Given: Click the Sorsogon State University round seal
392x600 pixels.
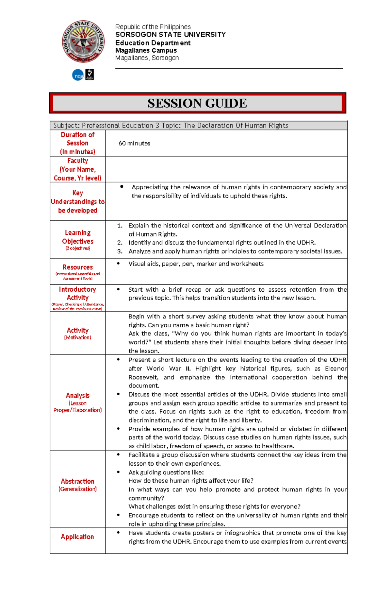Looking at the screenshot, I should tap(83, 42).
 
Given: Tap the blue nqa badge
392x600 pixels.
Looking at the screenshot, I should tap(78, 76).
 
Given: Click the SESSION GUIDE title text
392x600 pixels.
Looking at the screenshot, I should tap(197, 103).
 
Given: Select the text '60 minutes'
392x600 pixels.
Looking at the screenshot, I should tap(134, 143).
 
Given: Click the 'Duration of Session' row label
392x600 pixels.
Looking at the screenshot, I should tap(77, 143).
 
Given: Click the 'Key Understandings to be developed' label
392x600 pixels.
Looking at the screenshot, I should tap(77, 201).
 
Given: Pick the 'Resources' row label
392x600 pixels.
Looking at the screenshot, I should tap(77, 267).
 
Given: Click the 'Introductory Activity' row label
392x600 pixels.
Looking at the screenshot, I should tap(77, 294).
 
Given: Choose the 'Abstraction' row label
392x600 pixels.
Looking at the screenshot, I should tap(77, 482).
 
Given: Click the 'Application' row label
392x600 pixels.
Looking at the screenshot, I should tap(77, 537).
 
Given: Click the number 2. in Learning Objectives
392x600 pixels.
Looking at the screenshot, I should tap(120, 243).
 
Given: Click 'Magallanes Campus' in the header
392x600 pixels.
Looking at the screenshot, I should tap(146, 50).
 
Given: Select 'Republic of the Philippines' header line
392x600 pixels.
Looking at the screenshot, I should tap(153, 27).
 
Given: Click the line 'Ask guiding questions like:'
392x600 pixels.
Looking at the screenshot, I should tap(166, 472).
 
